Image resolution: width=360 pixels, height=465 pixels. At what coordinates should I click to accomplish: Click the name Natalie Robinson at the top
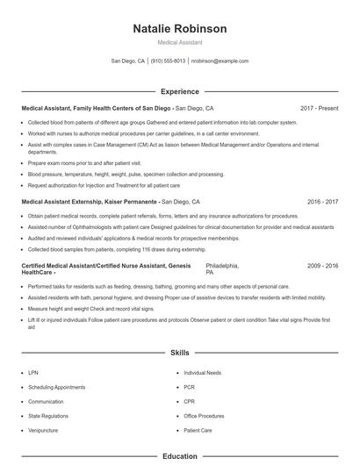(179, 29)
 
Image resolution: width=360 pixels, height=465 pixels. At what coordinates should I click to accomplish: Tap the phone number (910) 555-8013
(168, 61)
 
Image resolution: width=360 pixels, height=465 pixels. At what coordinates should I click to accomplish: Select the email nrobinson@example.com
(220, 61)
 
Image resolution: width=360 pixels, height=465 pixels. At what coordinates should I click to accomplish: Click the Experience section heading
(179, 91)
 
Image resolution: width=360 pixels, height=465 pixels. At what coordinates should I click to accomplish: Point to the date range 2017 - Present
(319, 109)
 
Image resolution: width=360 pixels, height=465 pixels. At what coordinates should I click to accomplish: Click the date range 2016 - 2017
(322, 201)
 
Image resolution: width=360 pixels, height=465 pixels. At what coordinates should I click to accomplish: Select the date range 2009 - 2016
(322, 265)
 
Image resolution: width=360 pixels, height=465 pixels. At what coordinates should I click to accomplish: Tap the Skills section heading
(179, 353)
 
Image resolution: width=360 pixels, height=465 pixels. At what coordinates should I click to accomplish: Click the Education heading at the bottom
(179, 456)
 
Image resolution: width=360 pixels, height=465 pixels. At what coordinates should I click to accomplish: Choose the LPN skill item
(33, 373)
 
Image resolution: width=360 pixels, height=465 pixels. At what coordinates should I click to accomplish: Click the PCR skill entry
(189, 387)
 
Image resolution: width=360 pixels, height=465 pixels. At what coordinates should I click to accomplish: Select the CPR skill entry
(189, 402)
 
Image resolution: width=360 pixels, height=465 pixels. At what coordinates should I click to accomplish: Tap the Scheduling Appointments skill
(56, 387)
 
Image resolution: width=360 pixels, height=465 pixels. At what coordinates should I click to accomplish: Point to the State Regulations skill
(47, 416)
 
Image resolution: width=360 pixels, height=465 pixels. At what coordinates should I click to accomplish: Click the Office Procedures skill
(204, 416)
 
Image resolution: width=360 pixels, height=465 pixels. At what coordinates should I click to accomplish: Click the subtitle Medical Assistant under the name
(179, 42)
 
